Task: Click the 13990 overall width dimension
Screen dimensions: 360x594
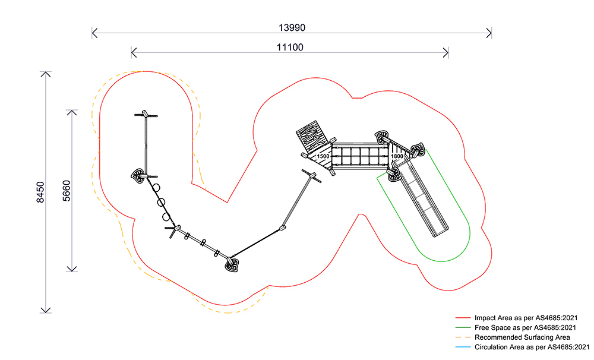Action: click(292, 28)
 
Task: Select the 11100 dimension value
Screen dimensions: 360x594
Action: click(290, 48)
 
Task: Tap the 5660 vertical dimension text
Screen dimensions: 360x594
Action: click(67, 190)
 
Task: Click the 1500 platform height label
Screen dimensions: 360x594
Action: click(323, 156)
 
